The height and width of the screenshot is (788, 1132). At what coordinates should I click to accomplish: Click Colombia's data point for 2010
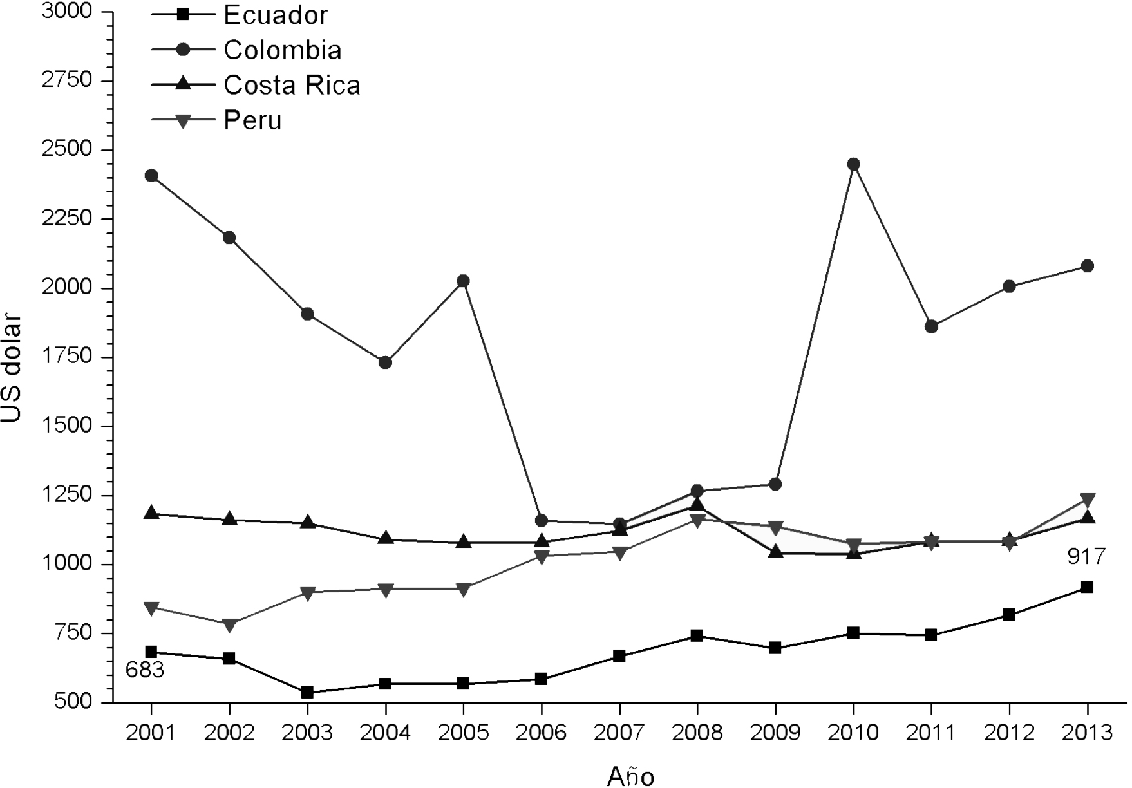click(x=853, y=164)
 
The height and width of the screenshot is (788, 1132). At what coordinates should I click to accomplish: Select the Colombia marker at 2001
click(x=151, y=176)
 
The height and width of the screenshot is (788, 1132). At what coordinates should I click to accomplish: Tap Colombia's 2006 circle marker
click(x=542, y=520)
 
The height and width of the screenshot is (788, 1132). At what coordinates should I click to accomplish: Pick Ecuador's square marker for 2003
click(x=307, y=692)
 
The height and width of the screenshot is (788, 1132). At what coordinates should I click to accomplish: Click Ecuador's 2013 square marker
click(x=1087, y=587)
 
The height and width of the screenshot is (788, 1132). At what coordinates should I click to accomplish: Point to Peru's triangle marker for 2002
click(x=229, y=624)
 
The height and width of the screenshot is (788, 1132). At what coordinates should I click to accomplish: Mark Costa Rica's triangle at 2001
click(x=151, y=513)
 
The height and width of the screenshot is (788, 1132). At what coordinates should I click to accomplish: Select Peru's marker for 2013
click(x=1087, y=500)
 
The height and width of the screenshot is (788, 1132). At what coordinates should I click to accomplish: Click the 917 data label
click(x=1086, y=556)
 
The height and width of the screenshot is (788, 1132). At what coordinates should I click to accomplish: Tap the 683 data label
click(x=145, y=670)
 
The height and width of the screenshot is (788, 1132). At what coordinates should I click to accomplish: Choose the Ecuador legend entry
click(x=276, y=15)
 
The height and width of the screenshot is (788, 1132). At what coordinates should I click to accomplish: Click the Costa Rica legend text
click(x=292, y=85)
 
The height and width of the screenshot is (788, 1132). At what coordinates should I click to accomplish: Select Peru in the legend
click(x=252, y=120)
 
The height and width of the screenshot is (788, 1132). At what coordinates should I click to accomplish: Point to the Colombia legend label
click(x=282, y=50)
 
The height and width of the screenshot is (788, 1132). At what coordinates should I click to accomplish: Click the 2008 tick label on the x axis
click(x=697, y=733)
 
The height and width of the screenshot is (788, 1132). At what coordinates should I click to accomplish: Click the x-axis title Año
click(x=630, y=776)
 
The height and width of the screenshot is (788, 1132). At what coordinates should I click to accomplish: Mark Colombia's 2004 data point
click(x=385, y=362)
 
